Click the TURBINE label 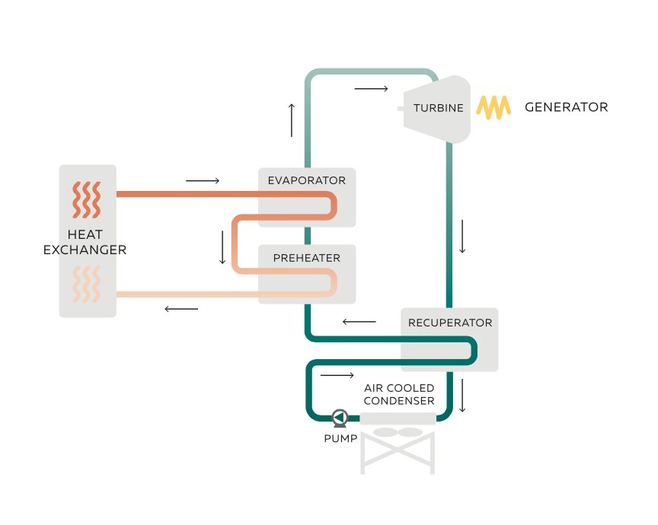[x=438, y=108]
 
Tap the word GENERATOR [x=566, y=107]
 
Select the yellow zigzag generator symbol [x=493, y=107]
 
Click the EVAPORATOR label [x=306, y=181]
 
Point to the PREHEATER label [x=306, y=258]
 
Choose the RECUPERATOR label [x=450, y=323]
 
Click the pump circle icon [x=340, y=417]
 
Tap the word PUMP [x=340, y=439]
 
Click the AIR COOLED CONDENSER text [x=399, y=394]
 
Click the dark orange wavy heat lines [x=87, y=199]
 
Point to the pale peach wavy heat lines [x=86, y=285]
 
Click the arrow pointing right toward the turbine [x=371, y=89]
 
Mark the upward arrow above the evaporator [x=291, y=119]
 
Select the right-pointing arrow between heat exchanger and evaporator [x=202, y=181]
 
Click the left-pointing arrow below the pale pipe [x=181, y=309]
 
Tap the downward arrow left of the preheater [x=222, y=247]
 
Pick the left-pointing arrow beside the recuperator [x=359, y=322]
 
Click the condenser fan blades [x=398, y=432]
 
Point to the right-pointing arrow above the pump [x=337, y=376]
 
